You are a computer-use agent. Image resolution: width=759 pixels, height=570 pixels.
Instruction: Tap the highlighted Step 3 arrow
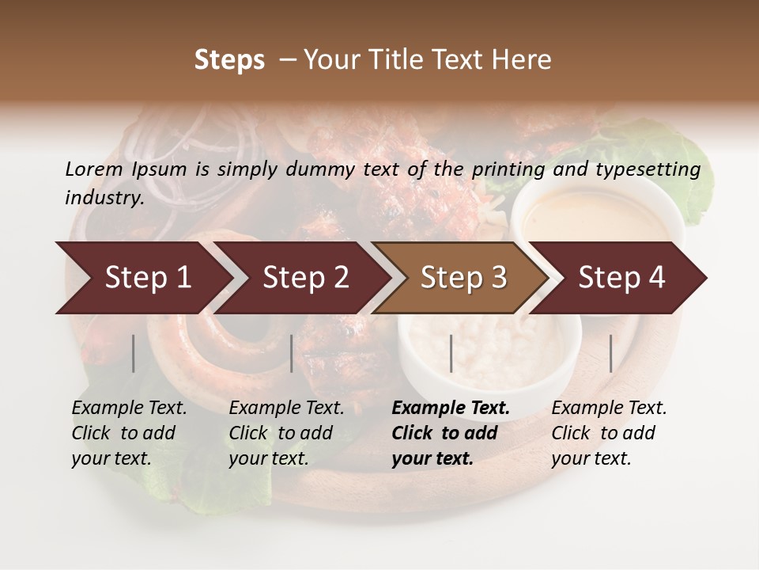click(463, 277)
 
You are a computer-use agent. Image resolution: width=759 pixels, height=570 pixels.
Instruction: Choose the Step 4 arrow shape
click(621, 277)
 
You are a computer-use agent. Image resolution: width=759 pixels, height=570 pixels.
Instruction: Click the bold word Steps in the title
click(229, 60)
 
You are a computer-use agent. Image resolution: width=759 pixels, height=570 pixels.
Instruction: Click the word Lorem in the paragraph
click(93, 169)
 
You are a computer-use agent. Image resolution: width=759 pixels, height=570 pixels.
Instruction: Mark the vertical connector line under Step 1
click(134, 353)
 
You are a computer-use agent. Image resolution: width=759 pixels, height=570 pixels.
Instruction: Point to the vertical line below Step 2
click(292, 353)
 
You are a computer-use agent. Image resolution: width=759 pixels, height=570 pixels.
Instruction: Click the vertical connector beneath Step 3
click(451, 353)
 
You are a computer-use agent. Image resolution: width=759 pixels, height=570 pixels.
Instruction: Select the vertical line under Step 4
click(610, 353)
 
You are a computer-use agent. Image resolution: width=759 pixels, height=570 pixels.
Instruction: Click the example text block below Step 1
click(129, 433)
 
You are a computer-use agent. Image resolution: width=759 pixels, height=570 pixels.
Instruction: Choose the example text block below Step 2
click(286, 433)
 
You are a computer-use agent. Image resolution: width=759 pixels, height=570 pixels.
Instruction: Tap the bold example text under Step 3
click(451, 433)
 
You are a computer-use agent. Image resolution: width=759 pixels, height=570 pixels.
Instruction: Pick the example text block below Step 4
click(609, 433)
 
